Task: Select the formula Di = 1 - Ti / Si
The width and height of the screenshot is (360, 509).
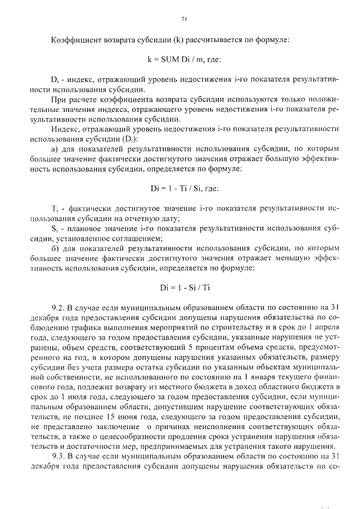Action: (184, 188)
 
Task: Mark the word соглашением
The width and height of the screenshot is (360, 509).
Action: (136, 238)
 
